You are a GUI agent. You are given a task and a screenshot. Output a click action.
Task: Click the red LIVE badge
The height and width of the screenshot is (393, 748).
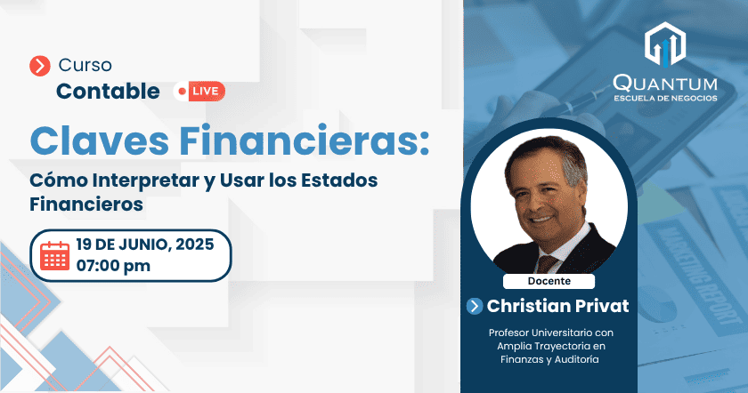199,92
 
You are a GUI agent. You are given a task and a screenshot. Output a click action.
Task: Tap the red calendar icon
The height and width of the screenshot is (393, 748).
54,256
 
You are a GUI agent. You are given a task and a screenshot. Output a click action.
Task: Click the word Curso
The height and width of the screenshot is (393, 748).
85,65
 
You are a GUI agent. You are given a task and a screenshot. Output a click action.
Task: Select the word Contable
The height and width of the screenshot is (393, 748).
108,92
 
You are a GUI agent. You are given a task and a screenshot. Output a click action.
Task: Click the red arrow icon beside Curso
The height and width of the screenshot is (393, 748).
39,66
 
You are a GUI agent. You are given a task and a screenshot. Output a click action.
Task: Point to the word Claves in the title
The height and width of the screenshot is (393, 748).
99,140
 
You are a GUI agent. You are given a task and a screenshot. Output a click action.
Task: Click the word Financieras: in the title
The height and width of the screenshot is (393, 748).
305,140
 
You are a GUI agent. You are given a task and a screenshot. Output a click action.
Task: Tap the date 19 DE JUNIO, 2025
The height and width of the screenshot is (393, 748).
145,245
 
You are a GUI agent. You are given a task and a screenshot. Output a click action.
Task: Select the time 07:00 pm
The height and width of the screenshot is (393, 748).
113,266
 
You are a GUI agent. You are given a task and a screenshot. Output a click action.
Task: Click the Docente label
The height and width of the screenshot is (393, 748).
549,281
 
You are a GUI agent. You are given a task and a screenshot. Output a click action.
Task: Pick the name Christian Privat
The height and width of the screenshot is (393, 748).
557,306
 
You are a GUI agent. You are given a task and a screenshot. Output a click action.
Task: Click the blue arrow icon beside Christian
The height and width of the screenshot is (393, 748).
475,306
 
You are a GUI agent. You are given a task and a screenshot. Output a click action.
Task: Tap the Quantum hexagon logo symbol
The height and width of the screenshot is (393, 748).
665,44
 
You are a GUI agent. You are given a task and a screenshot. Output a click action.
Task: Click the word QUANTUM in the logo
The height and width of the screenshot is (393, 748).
665,84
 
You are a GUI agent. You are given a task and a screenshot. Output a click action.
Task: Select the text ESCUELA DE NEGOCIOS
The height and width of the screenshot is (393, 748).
665,98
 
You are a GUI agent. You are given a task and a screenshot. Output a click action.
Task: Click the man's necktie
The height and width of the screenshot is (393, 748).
547,264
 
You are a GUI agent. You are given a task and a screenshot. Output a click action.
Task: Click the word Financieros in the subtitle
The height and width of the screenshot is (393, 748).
86,205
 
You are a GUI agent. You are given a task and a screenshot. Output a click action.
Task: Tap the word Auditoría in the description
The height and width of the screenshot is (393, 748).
576,359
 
